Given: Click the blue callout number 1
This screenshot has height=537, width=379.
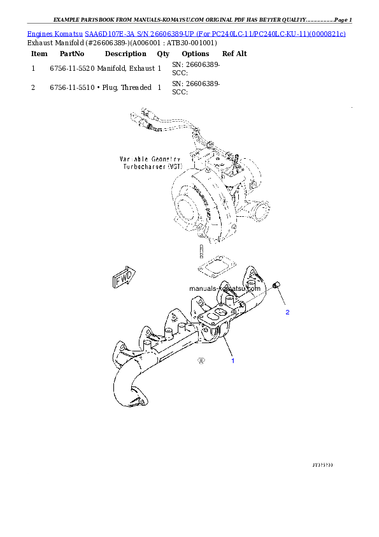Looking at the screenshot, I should click(x=232, y=361).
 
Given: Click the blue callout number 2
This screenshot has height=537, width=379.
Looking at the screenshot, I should click(x=287, y=313).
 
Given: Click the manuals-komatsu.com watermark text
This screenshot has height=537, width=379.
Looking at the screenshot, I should click(x=226, y=288).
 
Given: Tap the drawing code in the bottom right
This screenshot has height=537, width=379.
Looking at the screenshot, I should click(x=322, y=465).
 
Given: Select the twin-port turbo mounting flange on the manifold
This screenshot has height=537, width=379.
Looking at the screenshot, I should click(x=213, y=317).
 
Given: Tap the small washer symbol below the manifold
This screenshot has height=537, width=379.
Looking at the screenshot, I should click(x=201, y=360).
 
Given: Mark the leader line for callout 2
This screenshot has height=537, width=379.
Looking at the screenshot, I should click(x=283, y=299).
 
